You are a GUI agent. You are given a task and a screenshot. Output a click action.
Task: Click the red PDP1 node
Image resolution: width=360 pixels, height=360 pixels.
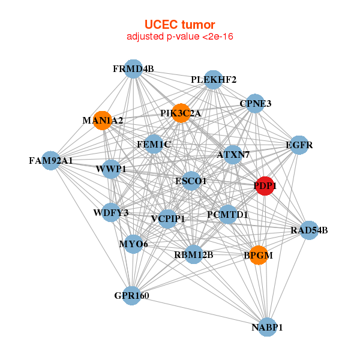[265, 186]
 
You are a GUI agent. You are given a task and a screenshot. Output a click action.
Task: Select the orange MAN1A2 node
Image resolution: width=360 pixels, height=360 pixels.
[103, 121]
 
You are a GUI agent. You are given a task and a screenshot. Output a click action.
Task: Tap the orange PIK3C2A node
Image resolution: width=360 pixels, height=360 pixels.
[181, 113]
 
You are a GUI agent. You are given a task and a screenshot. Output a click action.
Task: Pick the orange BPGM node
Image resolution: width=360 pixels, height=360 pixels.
[258, 255]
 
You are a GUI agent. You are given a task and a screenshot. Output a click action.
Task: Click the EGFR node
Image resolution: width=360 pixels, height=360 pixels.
[299, 145]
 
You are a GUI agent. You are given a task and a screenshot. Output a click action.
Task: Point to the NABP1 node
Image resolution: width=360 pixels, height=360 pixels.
[267, 327]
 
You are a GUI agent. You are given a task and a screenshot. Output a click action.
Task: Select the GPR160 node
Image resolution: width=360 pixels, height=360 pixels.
[132, 295]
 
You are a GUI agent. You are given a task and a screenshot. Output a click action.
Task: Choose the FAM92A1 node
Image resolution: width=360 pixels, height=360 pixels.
[51, 160]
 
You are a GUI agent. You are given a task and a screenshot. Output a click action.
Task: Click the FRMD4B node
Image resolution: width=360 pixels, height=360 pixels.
[134, 69]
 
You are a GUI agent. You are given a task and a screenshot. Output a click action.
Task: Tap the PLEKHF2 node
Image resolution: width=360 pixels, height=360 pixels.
[214, 80]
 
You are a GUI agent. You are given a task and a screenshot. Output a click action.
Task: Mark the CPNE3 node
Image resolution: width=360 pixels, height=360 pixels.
[256, 103]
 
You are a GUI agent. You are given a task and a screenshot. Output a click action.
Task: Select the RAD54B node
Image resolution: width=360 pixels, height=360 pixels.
[309, 230]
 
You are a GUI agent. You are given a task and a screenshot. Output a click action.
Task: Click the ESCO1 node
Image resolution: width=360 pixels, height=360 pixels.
[191, 181]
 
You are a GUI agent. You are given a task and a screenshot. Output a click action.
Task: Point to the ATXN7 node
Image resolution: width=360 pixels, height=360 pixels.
[233, 155]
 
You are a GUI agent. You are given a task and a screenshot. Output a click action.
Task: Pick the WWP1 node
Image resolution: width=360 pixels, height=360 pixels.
[111, 169]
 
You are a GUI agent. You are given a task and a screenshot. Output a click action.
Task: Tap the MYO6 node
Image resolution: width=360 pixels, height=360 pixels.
[133, 244]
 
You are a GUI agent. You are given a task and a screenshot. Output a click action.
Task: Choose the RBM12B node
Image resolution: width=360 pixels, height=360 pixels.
[194, 254]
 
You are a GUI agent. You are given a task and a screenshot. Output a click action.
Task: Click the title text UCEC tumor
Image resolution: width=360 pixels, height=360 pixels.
[180, 25]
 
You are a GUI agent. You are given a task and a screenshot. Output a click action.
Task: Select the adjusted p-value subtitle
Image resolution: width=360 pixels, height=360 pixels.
[180, 37]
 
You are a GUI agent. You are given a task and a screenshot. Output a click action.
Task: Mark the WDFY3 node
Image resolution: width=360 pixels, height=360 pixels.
[111, 212]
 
